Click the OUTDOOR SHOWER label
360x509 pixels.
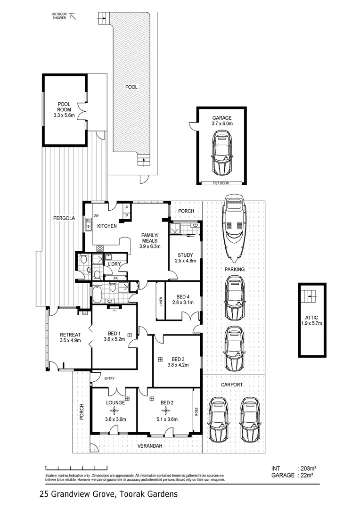[59, 16]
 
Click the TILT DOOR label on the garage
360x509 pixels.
[221, 182]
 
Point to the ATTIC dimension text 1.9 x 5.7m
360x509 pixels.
[311, 324]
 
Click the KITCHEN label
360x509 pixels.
[107, 226]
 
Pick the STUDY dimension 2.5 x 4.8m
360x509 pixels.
[185, 261]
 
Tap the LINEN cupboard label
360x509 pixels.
[161, 300]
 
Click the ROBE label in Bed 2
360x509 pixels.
[196, 410]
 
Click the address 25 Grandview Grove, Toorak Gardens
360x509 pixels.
[109, 494]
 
